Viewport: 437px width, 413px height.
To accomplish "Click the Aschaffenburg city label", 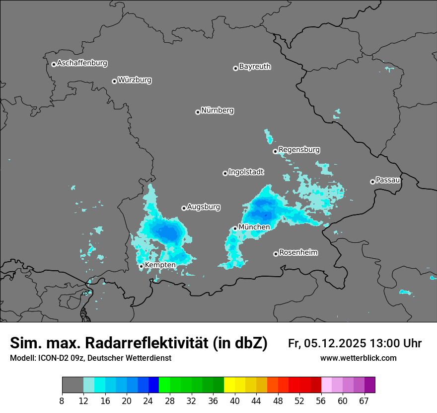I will tap(82, 63).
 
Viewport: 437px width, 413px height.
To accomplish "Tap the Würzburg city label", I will tap(135, 80).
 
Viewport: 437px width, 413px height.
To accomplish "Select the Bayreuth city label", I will tap(255, 67).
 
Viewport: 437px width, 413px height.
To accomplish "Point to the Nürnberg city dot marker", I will tap(198, 112).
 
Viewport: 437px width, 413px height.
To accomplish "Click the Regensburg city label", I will tap(299, 150).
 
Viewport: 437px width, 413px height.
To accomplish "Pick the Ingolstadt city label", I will tap(246, 172).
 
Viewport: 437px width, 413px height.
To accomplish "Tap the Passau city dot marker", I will tap(372, 182).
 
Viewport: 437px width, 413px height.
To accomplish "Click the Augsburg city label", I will tap(204, 207).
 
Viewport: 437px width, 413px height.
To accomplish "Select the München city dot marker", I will tap(235, 229).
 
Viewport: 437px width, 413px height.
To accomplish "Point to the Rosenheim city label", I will tap(298, 253).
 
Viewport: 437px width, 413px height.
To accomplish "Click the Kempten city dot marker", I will tap(142, 266).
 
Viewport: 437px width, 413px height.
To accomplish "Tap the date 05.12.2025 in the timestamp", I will tap(336, 343).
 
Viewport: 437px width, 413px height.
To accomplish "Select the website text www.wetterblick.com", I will tap(358, 358).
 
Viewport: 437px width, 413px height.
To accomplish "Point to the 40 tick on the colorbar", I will tap(235, 400).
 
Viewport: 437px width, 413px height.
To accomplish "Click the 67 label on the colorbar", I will tap(364, 400).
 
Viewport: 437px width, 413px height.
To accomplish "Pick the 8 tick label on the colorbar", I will tap(62, 400).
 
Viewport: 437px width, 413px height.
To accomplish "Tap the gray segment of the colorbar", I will tap(73, 385).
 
